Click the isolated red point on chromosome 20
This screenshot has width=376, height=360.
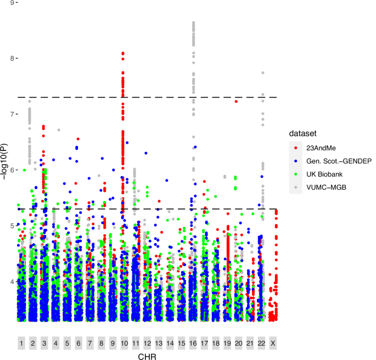tap(236, 102)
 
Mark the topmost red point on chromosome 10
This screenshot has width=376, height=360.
tap(123, 53)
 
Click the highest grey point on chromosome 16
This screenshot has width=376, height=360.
tap(193, 22)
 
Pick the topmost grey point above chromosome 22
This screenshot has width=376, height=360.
tap(263, 72)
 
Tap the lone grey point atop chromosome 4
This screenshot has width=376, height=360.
tap(58, 130)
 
